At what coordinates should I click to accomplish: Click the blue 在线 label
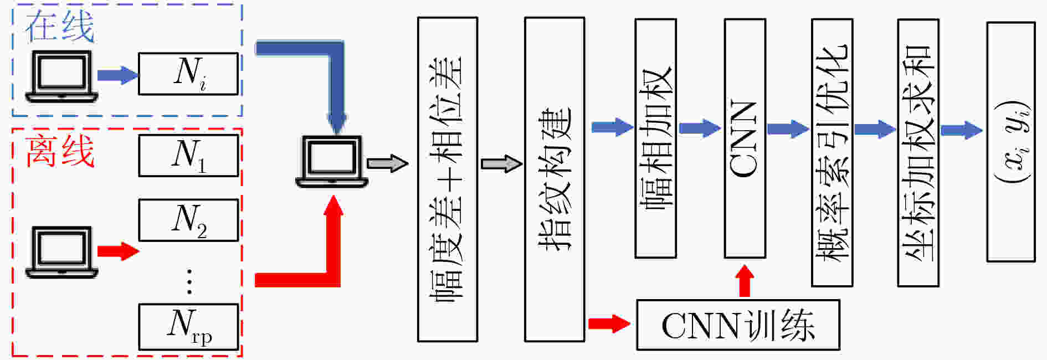click(60, 27)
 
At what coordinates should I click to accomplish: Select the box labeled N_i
click(188, 74)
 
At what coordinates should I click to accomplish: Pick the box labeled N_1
click(188, 156)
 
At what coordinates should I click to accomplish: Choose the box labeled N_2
click(188, 220)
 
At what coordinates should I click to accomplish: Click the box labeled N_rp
click(188, 327)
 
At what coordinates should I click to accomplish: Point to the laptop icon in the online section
click(61, 76)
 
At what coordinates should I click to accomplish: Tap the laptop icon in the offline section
click(61, 252)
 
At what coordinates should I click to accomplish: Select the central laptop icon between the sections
click(332, 162)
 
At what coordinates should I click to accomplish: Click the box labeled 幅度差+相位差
click(448, 179)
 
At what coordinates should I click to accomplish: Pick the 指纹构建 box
click(555, 179)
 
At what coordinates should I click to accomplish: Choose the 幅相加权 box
click(656, 138)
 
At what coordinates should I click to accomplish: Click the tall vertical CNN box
click(745, 138)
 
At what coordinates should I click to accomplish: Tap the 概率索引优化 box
click(832, 153)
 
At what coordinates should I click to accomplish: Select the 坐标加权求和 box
click(918, 153)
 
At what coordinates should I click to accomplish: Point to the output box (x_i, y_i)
click(1011, 142)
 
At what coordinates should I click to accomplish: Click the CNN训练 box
click(738, 325)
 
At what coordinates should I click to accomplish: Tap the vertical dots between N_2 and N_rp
click(189, 281)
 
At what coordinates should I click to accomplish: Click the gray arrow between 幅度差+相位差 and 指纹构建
click(502, 164)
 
